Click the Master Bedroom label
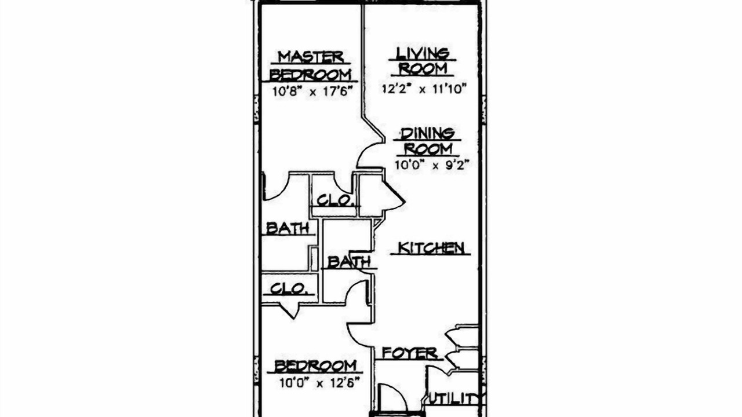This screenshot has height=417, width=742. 311,65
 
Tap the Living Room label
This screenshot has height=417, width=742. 423,61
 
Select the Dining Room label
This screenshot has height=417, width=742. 427,142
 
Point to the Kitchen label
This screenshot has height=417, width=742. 430,248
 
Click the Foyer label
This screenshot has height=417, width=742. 410,353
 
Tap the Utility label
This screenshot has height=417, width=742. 454,399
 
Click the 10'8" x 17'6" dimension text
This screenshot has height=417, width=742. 311,91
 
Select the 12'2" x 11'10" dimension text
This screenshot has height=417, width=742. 424,89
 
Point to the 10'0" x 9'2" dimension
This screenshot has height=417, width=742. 432,164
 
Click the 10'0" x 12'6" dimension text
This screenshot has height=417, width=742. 319,383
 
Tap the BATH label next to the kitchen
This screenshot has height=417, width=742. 349,262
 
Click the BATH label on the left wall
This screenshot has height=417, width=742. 288,228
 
